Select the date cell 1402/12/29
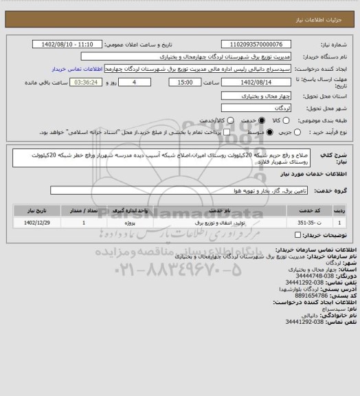[38, 223]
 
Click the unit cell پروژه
[141, 223]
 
